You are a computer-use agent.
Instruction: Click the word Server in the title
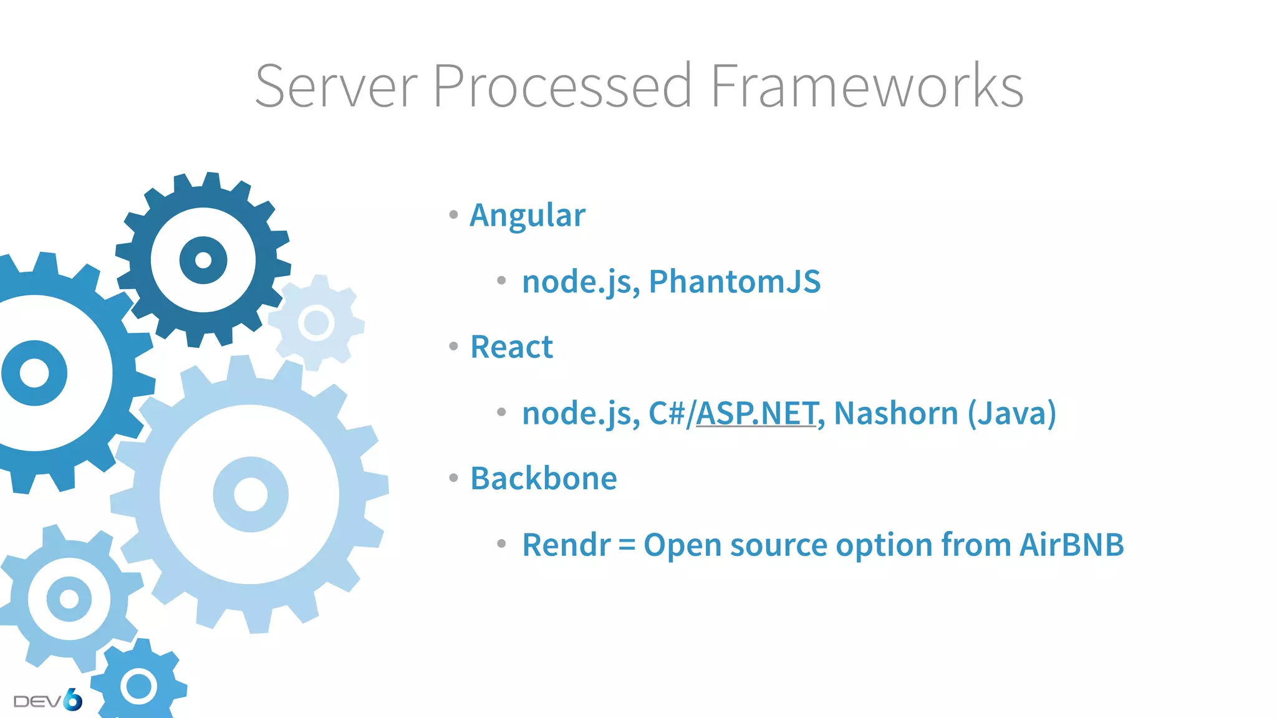coord(336,86)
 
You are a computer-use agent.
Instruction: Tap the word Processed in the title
coord(562,86)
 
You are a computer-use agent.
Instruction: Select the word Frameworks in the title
coord(866,86)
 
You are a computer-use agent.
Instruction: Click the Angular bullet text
coord(528,216)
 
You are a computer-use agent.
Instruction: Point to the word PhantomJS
coord(735,281)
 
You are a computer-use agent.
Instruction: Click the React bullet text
coord(511,347)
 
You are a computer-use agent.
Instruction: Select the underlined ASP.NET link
coord(756,413)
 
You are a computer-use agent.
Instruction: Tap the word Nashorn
coord(896,413)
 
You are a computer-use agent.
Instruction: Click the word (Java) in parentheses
coord(1012,413)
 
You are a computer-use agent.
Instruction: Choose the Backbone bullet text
coord(544,479)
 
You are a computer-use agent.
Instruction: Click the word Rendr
coord(566,545)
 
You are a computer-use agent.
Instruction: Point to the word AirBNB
coord(1072,545)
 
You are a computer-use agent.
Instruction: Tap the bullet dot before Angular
coord(453,215)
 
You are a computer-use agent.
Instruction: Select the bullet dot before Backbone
coord(453,478)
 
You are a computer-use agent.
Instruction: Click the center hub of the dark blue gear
coord(203,260)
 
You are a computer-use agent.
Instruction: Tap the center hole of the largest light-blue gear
coord(251,494)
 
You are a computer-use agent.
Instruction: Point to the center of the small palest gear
coord(316,323)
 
